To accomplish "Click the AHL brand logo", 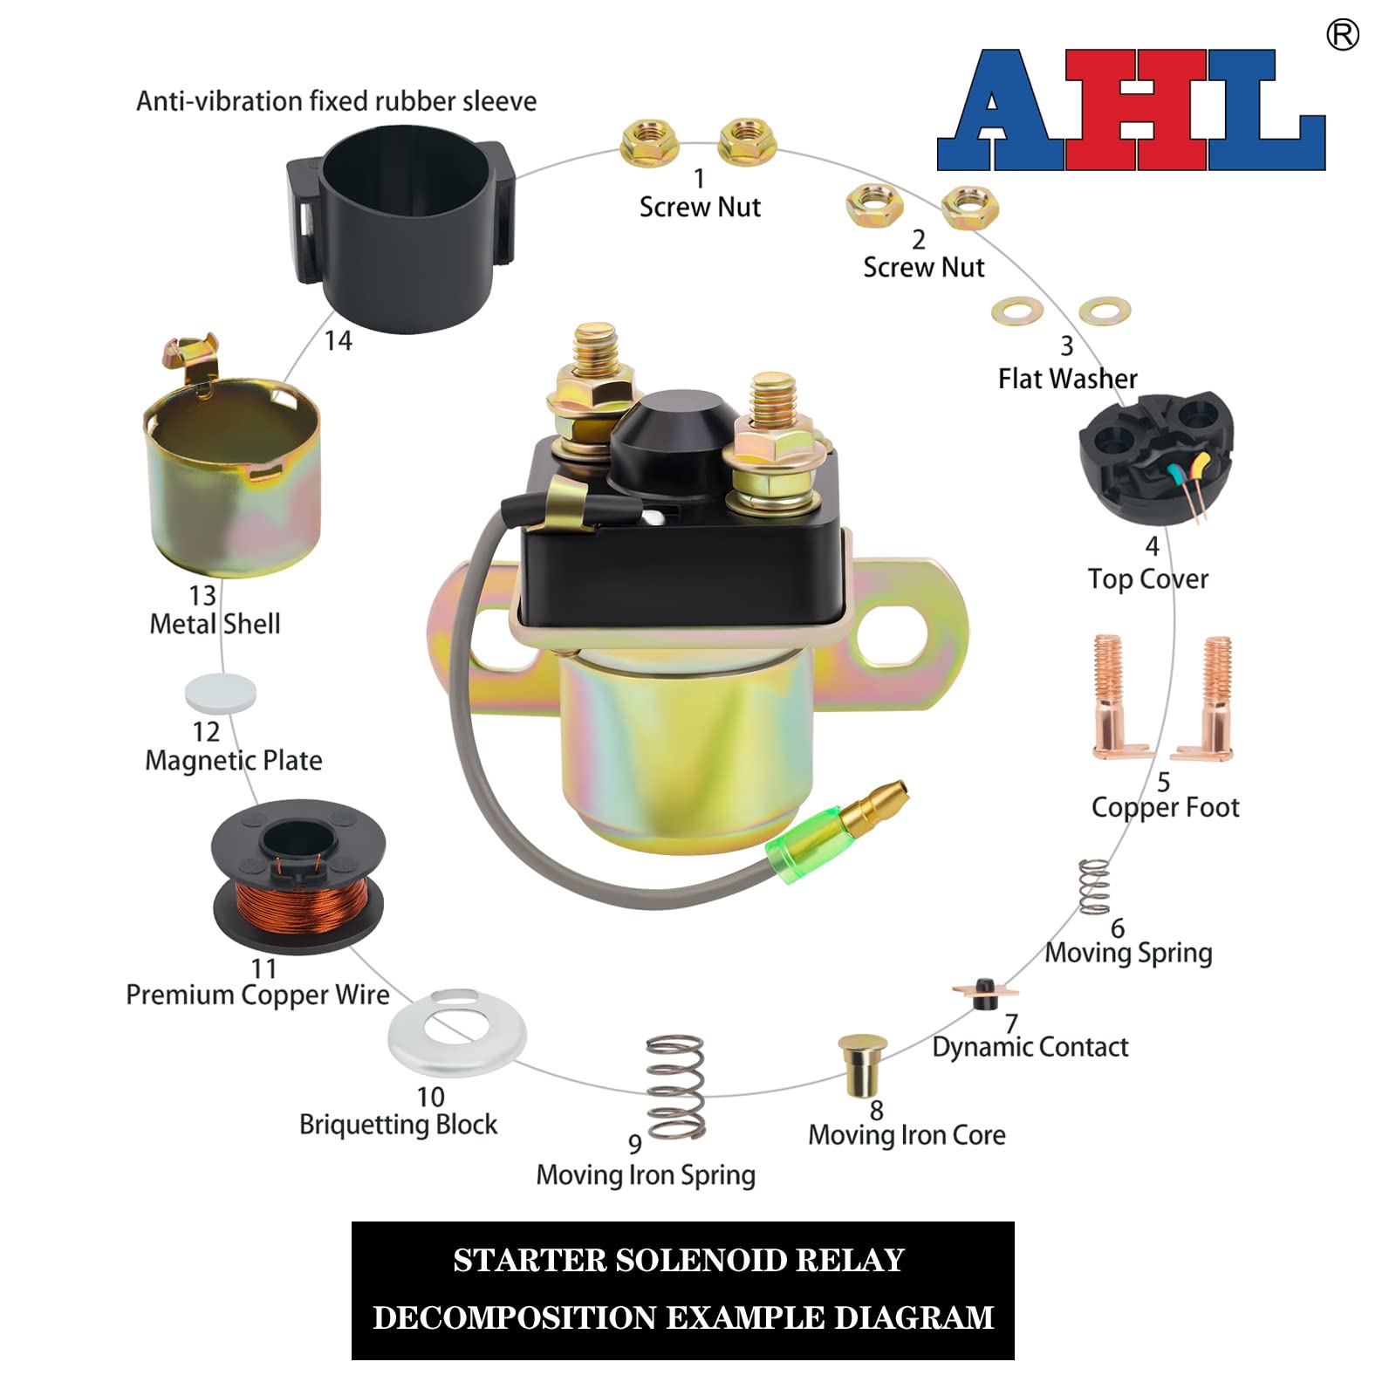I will point(1131,110).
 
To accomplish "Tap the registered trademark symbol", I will point(1342,35).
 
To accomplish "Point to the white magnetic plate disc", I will point(221,694).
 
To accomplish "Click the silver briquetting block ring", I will point(457,1033).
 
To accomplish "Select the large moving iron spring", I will point(675,1085).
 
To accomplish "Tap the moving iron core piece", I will point(862,1064).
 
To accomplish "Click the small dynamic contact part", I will point(985,993).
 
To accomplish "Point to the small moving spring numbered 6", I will point(1094,886).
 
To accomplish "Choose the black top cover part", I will point(1153,458).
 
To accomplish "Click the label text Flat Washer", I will point(1067,379).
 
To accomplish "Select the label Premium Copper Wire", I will point(257,995).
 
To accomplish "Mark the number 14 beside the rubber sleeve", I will point(338,340).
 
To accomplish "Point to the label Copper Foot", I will point(1165,807).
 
